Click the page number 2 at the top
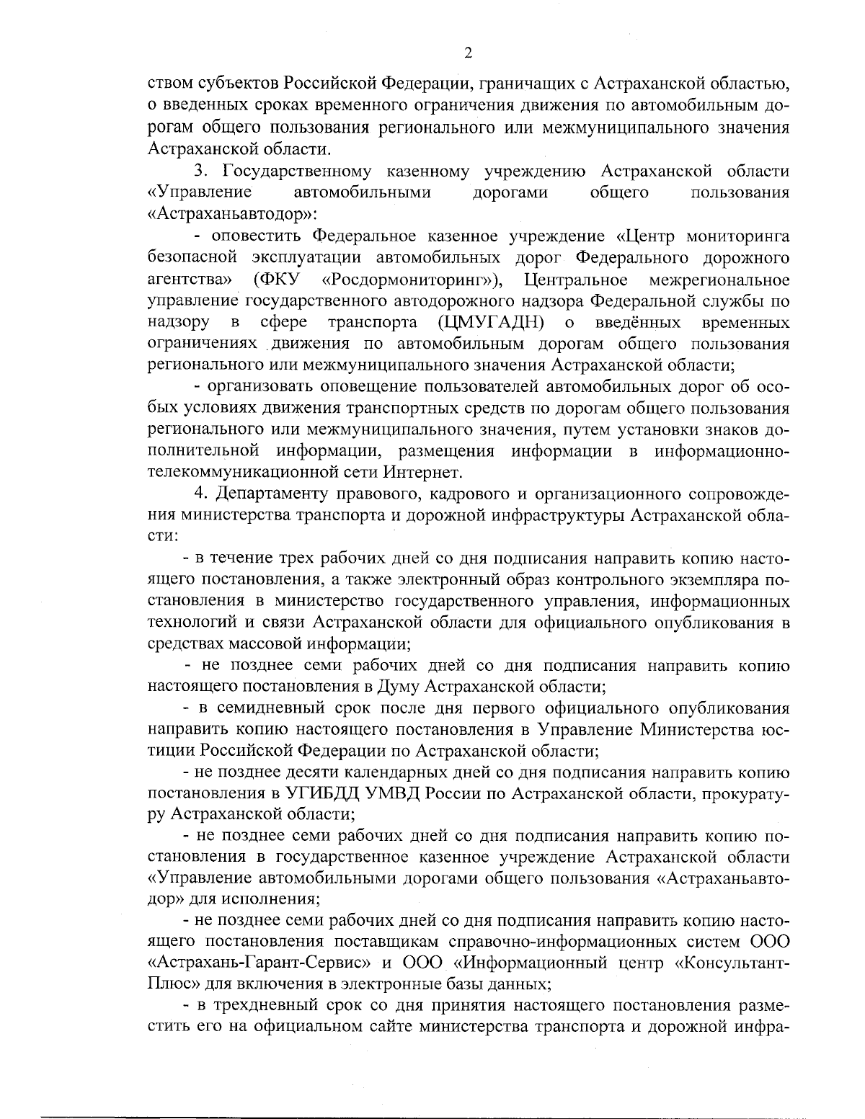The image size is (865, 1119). (468, 53)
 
